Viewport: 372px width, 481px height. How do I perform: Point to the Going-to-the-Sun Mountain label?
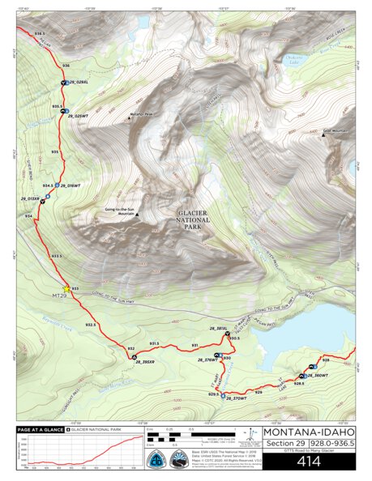(119, 211)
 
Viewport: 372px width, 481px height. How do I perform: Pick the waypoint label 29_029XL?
(77, 83)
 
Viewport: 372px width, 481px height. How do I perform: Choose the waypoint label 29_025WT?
(76, 117)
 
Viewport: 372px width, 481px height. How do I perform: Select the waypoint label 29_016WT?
(71, 186)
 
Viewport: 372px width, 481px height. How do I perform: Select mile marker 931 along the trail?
(195, 345)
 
